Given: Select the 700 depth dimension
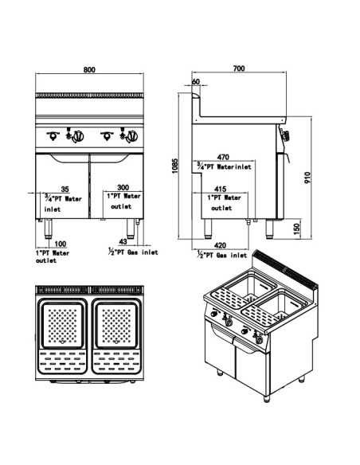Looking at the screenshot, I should click(x=238, y=70).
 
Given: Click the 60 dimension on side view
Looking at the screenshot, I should click(x=196, y=81).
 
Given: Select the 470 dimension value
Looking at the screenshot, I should click(x=224, y=158).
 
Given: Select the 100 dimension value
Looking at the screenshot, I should click(x=61, y=244).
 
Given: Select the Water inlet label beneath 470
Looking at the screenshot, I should click(x=225, y=168).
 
